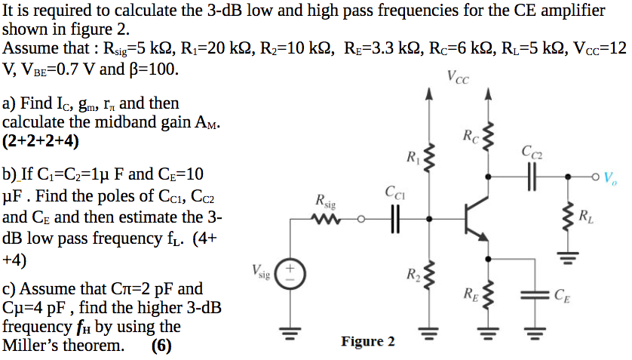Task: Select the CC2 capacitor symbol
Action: click(533, 177)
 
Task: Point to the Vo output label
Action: click(611, 179)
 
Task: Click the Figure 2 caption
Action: click(367, 342)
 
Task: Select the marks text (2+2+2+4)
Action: click(41, 141)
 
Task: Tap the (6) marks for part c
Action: click(161, 346)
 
